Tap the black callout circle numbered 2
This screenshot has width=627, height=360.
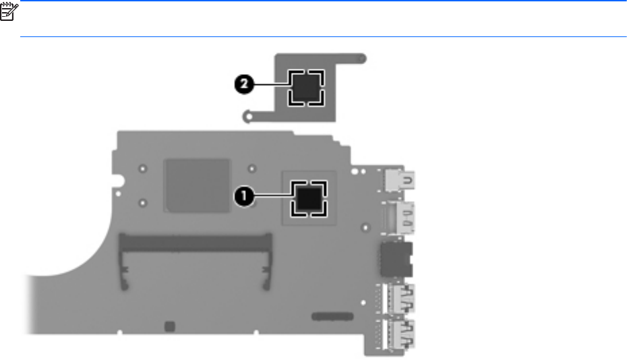[245, 84]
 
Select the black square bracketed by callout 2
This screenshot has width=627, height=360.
[305, 86]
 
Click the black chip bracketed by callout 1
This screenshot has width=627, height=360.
[309, 198]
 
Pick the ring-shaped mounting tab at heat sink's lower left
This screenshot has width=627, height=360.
[249, 117]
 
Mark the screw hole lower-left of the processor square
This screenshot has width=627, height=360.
[144, 202]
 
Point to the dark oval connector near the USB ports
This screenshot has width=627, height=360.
[332, 316]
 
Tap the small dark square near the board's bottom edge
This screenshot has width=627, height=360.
[170, 326]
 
